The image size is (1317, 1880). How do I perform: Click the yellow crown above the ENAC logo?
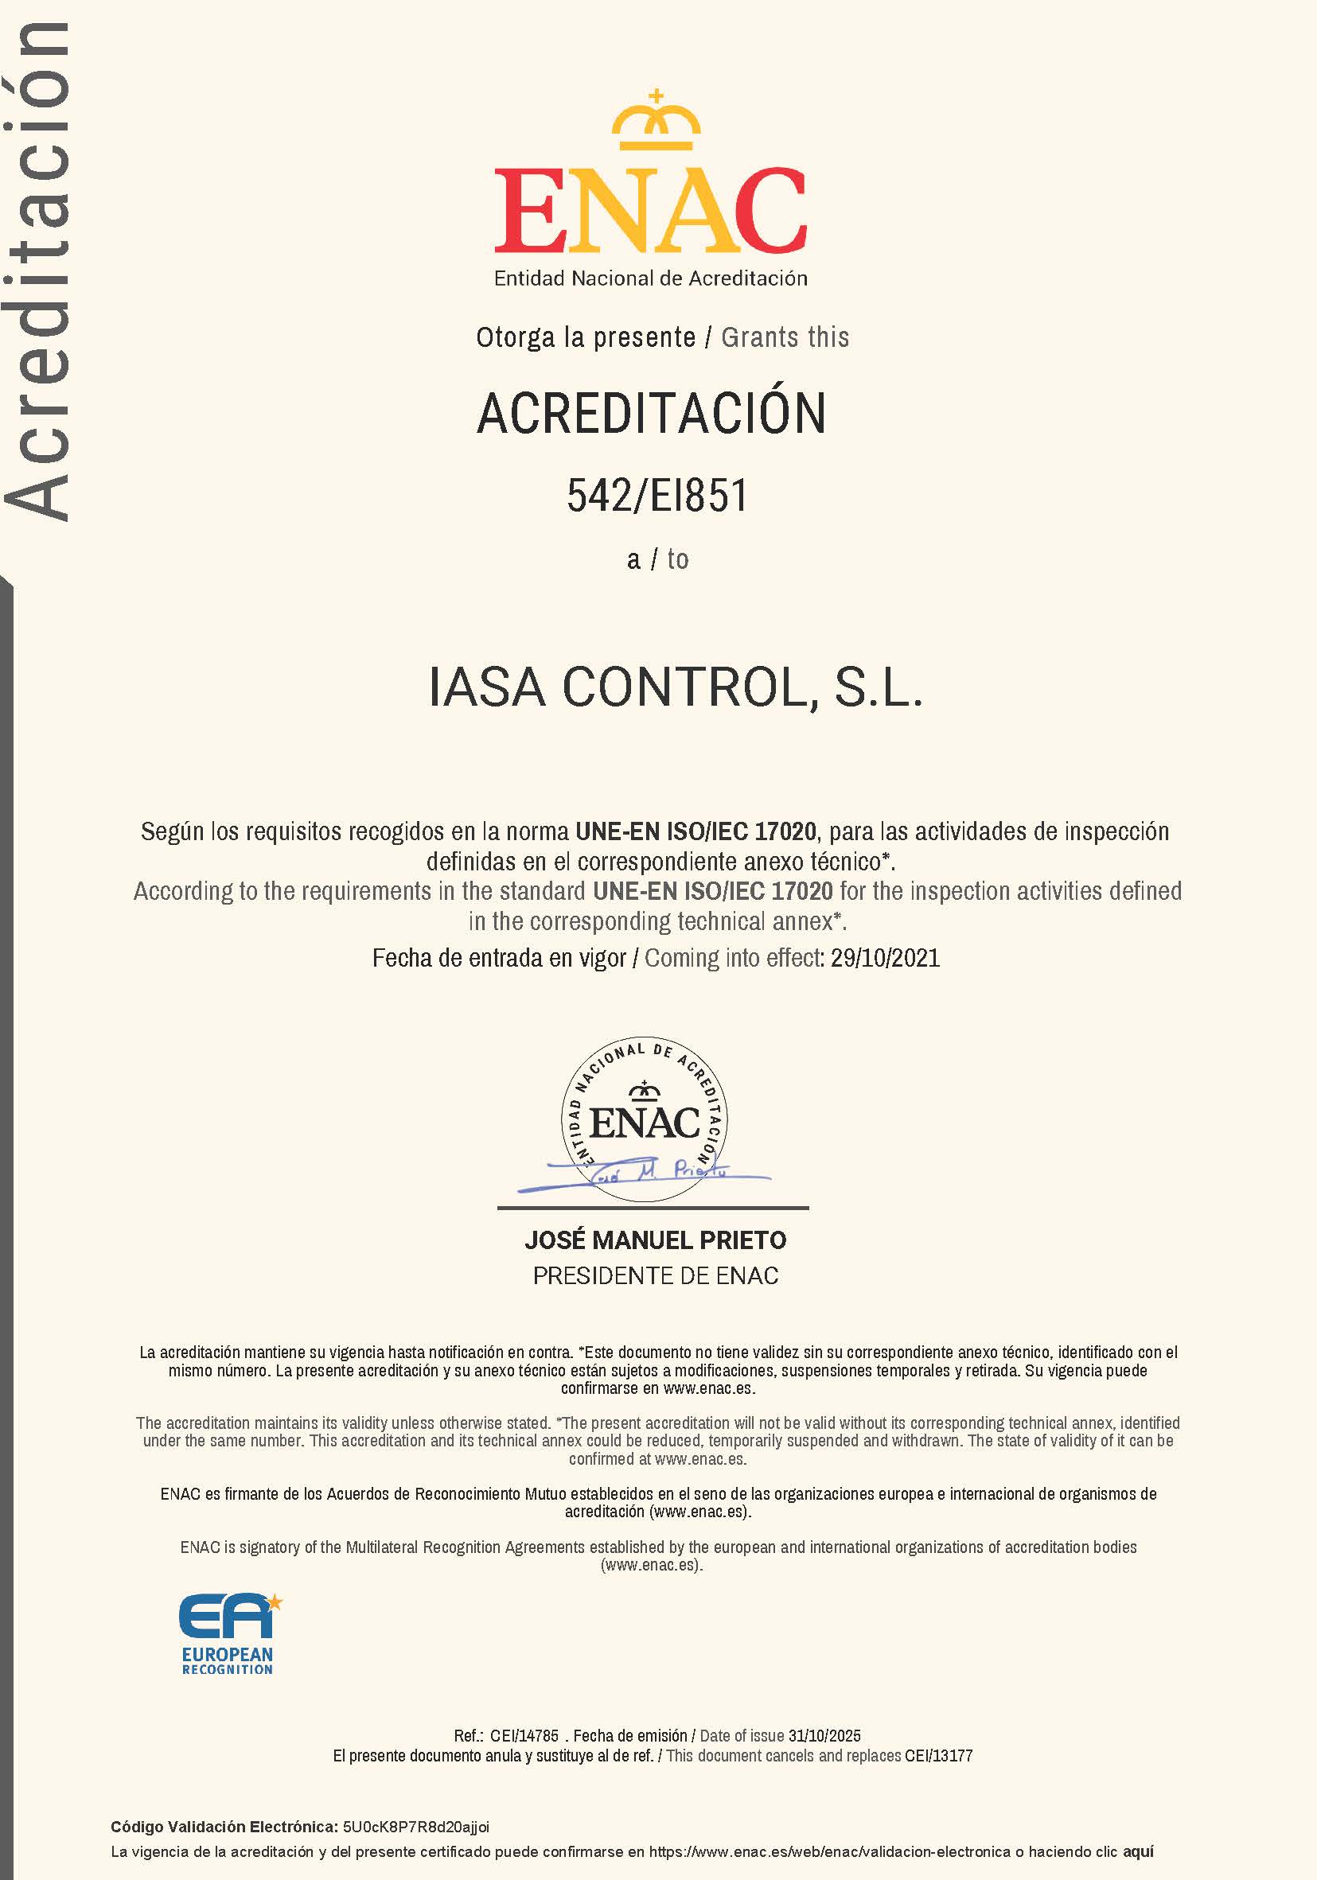[656, 122]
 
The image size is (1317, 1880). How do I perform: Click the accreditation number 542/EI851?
[657, 496]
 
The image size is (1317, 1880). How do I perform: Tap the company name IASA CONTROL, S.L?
[676, 688]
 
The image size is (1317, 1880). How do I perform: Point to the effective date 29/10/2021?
[886, 959]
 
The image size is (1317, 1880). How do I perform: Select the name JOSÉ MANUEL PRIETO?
[655, 1240]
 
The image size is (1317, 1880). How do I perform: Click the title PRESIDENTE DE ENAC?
[655, 1275]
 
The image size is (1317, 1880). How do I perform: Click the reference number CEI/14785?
[524, 1736]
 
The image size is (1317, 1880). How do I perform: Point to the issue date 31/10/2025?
[824, 1736]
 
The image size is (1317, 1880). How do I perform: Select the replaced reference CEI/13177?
[938, 1756]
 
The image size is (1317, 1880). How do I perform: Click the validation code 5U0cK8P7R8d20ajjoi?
[416, 1827]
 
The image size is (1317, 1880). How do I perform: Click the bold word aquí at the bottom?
[1138, 1851]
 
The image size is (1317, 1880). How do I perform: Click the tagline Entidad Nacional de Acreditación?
[650, 278]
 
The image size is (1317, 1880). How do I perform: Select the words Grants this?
[785, 337]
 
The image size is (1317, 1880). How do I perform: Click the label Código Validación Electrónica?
[224, 1827]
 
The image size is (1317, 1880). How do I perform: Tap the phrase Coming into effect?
[734, 959]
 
